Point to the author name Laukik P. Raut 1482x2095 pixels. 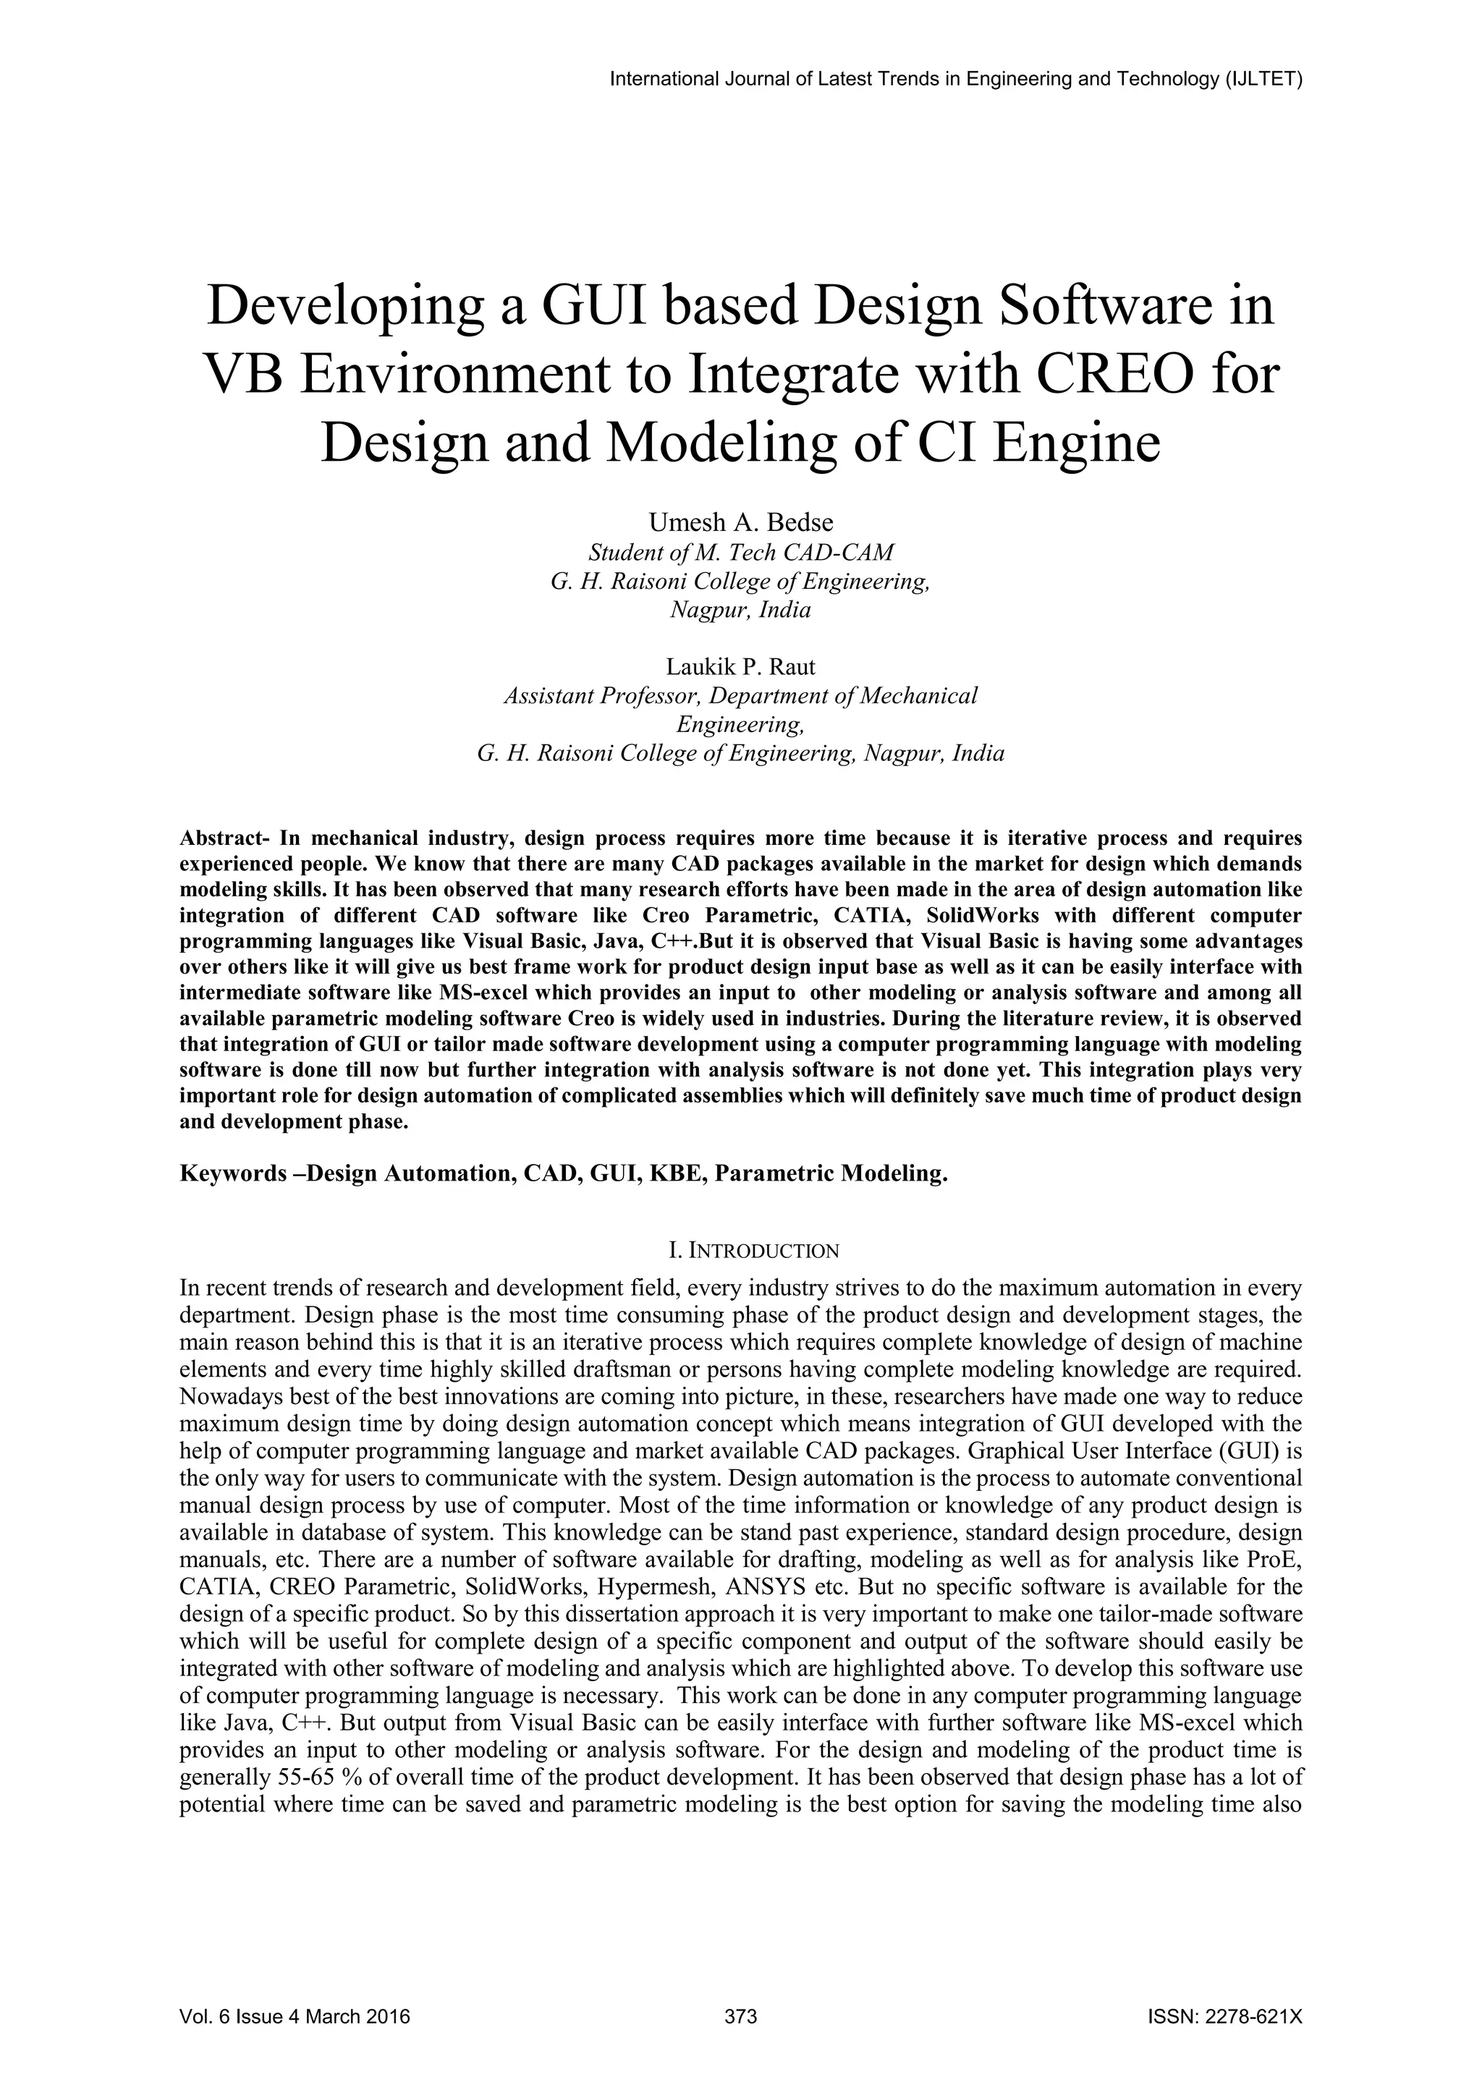741,666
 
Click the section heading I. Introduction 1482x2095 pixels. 741,1250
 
